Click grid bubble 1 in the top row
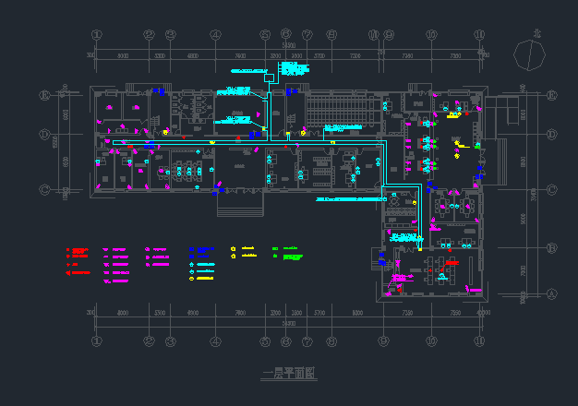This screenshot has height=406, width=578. [96, 34]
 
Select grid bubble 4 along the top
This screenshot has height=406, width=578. [215, 34]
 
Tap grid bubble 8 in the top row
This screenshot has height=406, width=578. [331, 34]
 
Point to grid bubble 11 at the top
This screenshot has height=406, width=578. [479, 34]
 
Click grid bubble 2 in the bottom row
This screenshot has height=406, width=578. [149, 340]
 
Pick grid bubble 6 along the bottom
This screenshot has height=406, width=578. [284, 340]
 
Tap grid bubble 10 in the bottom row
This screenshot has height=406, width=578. [430, 340]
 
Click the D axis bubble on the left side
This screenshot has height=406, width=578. [44, 134]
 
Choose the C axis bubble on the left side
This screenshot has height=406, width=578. [44, 189]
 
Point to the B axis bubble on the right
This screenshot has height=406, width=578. [551, 248]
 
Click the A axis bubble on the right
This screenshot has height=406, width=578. [551, 293]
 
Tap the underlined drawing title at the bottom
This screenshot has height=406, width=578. [288, 374]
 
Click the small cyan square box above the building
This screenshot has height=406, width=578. [270, 78]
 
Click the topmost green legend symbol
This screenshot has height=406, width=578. [275, 249]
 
